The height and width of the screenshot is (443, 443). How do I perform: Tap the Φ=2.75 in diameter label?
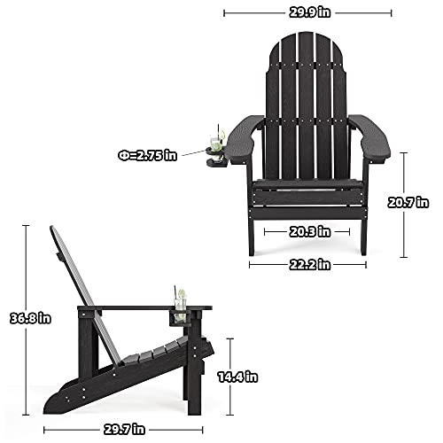148,154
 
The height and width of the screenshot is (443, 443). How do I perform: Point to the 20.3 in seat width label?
307,233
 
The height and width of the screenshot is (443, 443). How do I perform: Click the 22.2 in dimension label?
307,263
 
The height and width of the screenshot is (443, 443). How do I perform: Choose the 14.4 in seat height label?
237,377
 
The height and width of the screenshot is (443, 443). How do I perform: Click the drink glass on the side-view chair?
180,299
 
